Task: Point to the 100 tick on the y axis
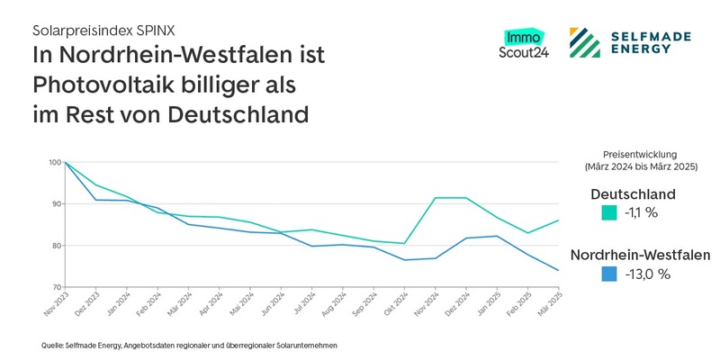[x=56, y=163]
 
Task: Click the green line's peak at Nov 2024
[x=436, y=198]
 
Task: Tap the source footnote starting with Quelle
[x=189, y=345]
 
